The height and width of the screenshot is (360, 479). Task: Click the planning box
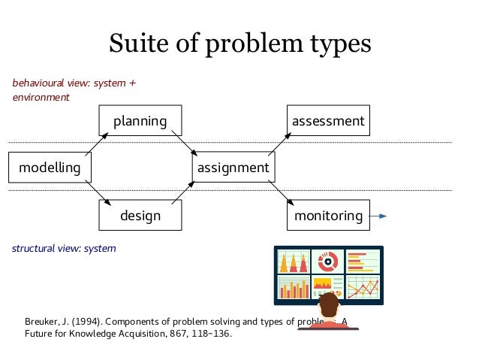140,120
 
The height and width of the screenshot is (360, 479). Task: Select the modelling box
50,168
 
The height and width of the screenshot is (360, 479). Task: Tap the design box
140,216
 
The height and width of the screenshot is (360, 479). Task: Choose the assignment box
233,168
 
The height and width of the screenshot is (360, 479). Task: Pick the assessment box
328,120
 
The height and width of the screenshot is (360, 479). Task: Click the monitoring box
328,216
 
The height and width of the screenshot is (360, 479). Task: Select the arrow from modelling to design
98,192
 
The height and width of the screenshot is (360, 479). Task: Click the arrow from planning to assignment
184,143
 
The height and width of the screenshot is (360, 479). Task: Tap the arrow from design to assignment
184,192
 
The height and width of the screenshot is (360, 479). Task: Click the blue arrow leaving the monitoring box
378,216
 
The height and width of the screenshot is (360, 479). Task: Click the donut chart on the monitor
328,262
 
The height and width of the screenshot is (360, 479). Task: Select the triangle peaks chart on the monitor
293,262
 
